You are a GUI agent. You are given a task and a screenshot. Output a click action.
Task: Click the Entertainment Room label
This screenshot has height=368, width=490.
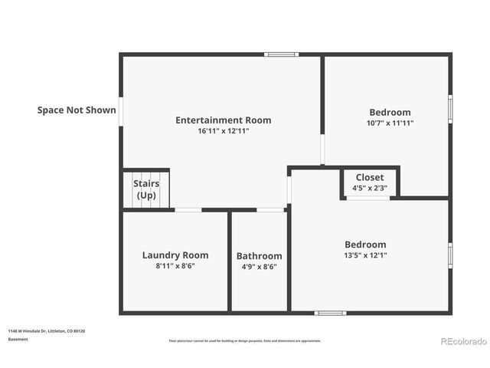223,120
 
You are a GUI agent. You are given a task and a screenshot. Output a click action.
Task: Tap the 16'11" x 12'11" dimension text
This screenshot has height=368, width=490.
223,131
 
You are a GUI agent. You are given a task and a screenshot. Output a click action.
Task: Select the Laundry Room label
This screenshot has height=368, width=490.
175,255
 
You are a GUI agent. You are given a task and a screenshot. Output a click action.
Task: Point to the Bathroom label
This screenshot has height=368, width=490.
259,256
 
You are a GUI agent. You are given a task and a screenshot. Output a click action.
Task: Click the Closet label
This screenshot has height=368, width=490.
370,177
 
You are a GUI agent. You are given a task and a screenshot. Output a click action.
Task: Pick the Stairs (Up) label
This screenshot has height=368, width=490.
146,189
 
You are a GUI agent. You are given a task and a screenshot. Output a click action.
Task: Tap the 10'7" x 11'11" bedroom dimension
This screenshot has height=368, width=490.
390,123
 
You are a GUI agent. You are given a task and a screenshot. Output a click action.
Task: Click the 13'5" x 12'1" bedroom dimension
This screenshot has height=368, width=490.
365,255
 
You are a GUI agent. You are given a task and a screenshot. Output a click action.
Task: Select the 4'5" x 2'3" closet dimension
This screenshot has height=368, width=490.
370,188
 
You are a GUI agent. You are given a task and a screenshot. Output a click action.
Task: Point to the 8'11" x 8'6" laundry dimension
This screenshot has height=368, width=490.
175,266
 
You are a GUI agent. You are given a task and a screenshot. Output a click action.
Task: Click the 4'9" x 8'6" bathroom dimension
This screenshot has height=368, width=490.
259,267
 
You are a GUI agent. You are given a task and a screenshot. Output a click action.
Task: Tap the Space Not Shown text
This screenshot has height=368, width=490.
77,110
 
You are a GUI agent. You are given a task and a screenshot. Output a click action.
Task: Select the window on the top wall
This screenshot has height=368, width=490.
282,54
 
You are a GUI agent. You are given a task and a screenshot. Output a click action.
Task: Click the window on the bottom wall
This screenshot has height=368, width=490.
331,313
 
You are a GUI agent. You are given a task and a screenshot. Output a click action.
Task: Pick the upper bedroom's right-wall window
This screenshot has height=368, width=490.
450,108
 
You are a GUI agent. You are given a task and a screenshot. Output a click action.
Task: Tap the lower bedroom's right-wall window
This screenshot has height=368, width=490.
450,255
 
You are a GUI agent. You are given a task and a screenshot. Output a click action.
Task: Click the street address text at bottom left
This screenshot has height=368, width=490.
47,330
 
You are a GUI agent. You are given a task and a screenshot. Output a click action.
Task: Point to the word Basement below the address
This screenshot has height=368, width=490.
18,339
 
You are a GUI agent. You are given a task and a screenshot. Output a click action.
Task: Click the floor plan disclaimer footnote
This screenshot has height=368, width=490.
245,340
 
